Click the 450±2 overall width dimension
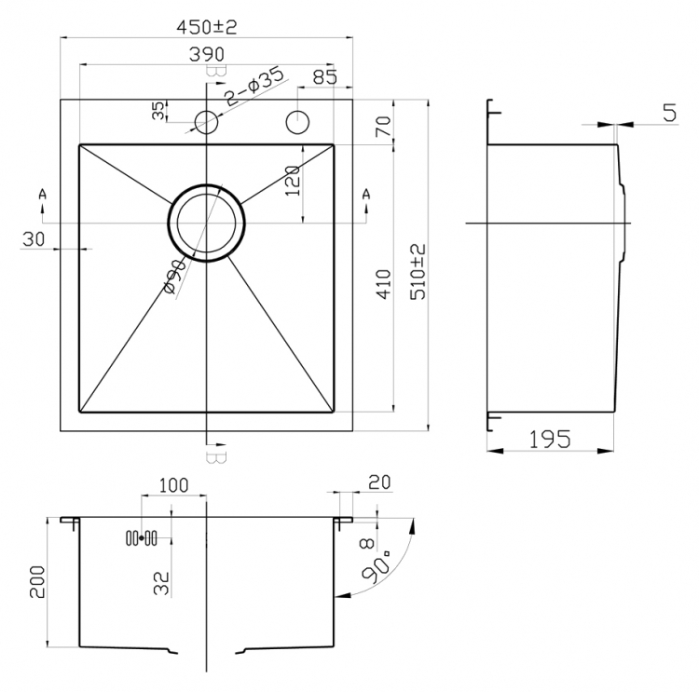click(x=206, y=28)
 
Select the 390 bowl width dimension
click(x=207, y=54)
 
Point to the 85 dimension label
click(x=325, y=77)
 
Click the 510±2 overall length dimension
click(x=418, y=271)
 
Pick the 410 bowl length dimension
click(x=383, y=284)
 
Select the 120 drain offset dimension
click(x=292, y=181)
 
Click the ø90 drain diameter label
click(x=174, y=277)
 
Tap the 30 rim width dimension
click(x=34, y=239)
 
